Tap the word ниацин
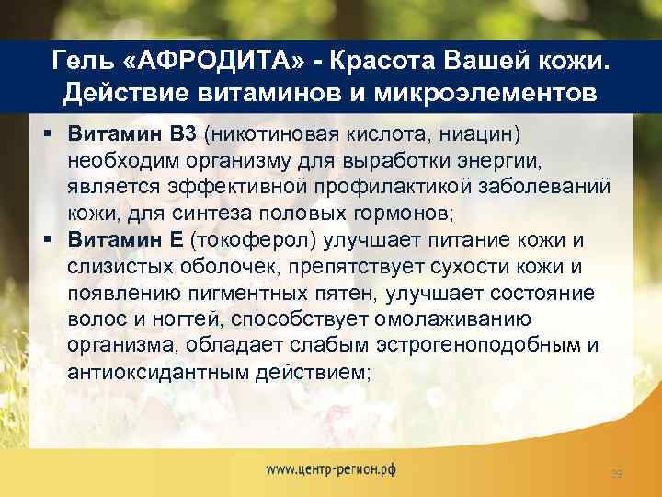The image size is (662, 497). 474,135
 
